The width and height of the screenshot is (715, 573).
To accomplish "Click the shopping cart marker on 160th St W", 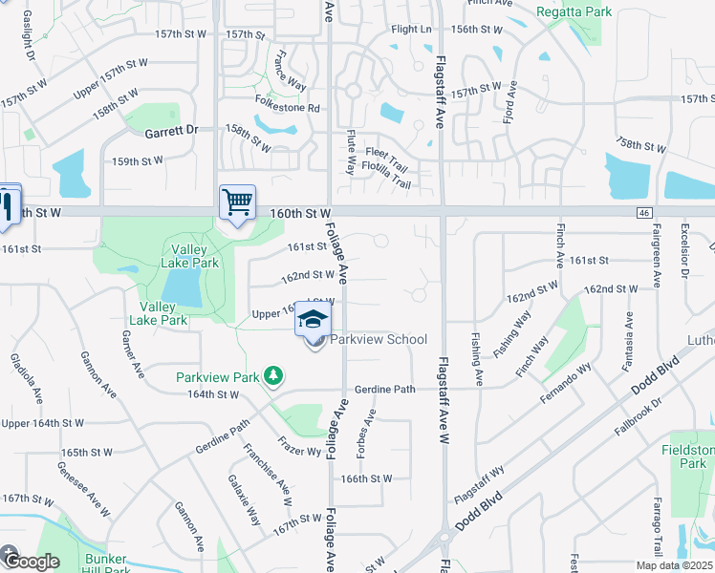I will [237, 202].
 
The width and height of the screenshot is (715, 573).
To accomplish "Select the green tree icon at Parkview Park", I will [274, 376].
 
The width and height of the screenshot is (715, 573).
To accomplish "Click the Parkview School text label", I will [379, 340].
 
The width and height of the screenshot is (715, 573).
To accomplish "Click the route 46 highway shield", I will [646, 211].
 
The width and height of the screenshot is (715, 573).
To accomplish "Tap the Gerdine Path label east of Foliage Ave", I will [385, 390].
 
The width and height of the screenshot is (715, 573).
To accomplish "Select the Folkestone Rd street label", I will [287, 108].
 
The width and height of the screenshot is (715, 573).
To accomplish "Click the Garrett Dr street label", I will [171, 129].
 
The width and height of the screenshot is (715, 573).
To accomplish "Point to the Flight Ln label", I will [411, 30].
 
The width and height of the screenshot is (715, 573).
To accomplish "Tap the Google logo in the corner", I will [31, 561].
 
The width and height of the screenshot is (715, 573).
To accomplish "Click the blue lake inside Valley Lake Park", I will [182, 286].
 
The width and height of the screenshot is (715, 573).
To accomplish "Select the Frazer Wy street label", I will [299, 445].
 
